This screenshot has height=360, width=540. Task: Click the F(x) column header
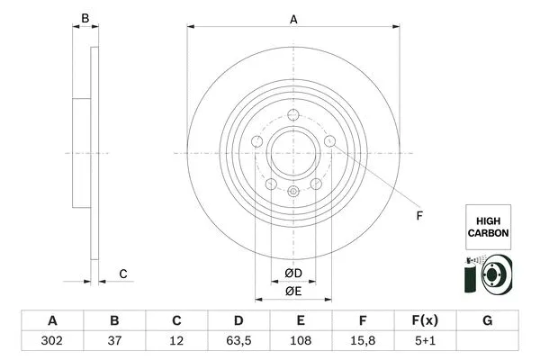(425, 320)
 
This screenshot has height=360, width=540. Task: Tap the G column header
(487, 320)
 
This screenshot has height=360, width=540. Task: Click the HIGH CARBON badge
(488, 225)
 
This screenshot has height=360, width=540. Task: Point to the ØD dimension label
(292, 273)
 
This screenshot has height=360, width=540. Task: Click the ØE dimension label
(292, 291)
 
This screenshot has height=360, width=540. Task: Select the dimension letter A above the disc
(293, 17)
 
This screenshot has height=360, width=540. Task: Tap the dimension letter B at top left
(85, 17)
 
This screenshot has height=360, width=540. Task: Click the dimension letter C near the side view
(123, 274)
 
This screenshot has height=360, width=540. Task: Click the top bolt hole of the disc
(292, 113)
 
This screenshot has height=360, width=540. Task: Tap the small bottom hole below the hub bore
(292, 191)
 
